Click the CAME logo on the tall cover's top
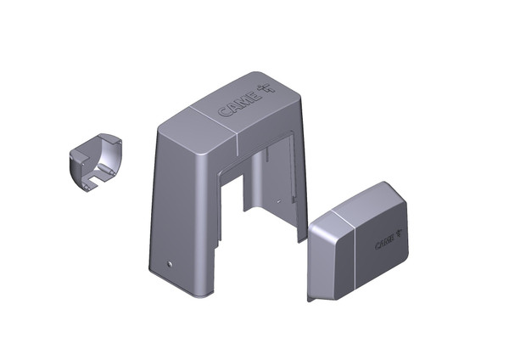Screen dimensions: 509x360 pyautogui.click(x=246, y=100)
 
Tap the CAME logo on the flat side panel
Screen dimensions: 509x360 pyautogui.click(x=389, y=240)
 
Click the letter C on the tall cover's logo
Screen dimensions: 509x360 pyautogui.click(x=224, y=112)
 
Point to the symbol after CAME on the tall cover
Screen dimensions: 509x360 pyautogui.click(x=266, y=88)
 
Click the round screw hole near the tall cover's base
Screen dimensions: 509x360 pyautogui.click(x=169, y=264)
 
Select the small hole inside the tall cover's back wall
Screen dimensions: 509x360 pyautogui.click(x=278, y=201)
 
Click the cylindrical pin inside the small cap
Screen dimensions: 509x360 pyautogui.click(x=106, y=169)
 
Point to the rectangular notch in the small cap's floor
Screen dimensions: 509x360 pyautogui.click(x=97, y=178)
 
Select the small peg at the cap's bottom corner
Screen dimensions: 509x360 pyautogui.click(x=86, y=187)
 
